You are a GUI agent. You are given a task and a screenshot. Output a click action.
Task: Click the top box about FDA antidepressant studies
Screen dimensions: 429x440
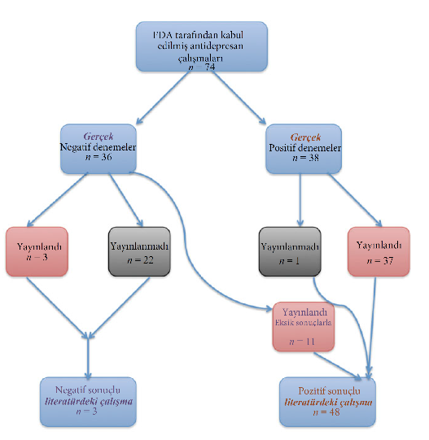(201, 46)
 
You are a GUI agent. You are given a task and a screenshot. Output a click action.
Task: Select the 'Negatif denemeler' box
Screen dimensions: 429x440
(98, 149)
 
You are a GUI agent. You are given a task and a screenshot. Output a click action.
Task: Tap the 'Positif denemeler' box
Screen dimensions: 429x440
(304, 149)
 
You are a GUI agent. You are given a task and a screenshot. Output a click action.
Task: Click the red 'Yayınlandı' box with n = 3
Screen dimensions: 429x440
(37, 251)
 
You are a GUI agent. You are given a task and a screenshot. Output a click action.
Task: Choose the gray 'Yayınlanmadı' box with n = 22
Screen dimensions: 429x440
(139, 251)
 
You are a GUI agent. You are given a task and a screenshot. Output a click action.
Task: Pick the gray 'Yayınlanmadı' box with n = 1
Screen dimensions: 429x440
(290, 251)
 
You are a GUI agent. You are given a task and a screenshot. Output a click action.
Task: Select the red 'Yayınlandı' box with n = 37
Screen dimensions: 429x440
(379, 251)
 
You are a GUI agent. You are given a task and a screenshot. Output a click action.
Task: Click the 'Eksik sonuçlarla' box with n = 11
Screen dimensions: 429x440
(304, 327)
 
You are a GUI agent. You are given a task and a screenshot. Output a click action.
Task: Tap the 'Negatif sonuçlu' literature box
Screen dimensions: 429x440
(88, 402)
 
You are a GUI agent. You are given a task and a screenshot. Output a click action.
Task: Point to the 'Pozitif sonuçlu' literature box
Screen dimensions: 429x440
(327, 402)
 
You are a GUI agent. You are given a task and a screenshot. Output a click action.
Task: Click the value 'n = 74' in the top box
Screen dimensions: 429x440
(201, 67)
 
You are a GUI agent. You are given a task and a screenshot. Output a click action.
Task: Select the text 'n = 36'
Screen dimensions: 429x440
(98, 157)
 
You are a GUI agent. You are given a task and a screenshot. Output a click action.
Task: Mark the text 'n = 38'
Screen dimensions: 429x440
(305, 158)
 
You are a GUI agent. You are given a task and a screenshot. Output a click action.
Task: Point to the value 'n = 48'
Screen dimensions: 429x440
(326, 412)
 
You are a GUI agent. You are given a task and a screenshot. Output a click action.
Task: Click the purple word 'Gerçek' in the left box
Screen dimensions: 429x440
(98, 137)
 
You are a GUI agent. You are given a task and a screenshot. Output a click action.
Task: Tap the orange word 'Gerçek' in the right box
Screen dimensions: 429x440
(305, 137)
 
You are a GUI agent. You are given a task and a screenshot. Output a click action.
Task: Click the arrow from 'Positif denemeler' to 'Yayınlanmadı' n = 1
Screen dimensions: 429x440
(300, 200)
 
